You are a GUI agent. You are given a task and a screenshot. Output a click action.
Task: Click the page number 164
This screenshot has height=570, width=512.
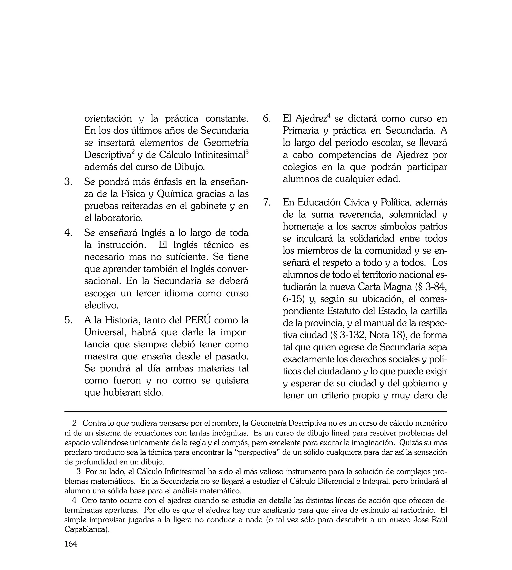[71, 552]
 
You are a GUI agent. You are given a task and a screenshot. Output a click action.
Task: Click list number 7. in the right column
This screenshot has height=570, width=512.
[267, 202]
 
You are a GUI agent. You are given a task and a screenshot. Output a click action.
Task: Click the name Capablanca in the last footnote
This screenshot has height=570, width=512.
[86, 529]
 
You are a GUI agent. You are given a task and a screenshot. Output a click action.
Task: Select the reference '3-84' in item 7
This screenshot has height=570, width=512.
[436, 287]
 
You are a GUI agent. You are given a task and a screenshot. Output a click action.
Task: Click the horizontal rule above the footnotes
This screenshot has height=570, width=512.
[256, 412]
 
